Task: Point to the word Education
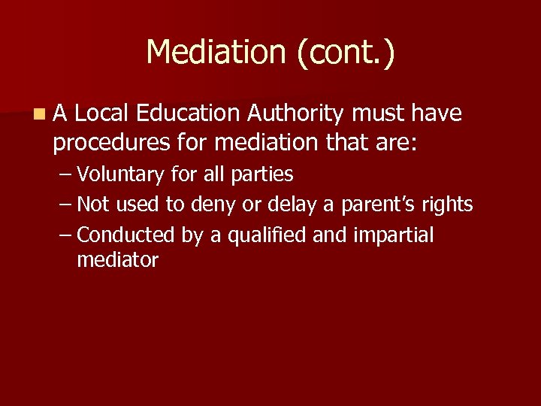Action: click(x=188, y=114)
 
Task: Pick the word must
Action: click(x=379, y=114)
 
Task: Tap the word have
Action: click(x=437, y=114)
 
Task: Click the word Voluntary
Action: click(x=120, y=175)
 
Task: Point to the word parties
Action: click(x=262, y=175)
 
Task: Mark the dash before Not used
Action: click(x=65, y=205)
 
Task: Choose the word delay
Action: click(x=292, y=205)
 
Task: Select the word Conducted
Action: click(x=125, y=235)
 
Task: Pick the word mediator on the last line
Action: click(x=117, y=261)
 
